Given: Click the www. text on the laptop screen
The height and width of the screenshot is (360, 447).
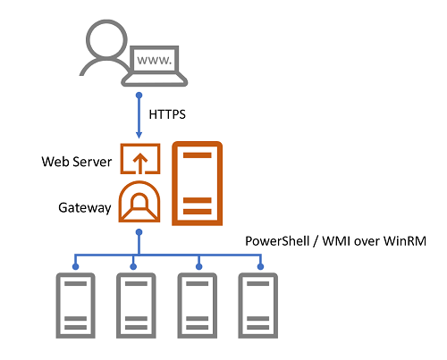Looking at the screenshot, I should click(x=153, y=61).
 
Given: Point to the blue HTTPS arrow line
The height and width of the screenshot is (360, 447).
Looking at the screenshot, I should click(x=139, y=116).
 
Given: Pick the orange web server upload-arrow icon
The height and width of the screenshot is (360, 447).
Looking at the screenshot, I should click(x=139, y=161).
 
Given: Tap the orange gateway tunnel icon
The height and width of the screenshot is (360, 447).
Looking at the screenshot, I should click(x=139, y=203).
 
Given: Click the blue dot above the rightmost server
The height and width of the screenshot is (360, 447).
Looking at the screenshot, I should click(x=260, y=265).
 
